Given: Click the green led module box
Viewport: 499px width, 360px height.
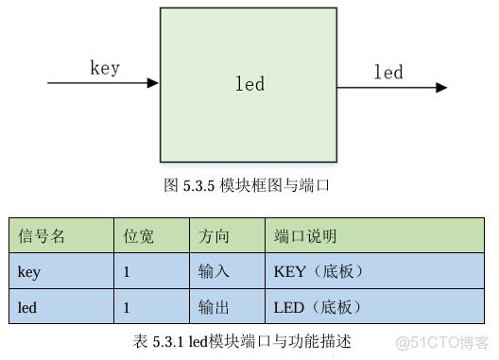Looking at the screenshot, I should pyautogui.click(x=249, y=84).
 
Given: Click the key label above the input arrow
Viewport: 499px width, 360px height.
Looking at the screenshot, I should pyautogui.click(x=104, y=68).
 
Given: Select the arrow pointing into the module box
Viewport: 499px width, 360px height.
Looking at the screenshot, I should pyautogui.click(x=103, y=83).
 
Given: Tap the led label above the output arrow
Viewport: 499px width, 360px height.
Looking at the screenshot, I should pyautogui.click(x=387, y=73).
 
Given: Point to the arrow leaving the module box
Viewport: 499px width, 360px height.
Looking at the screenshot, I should pyautogui.click(x=391, y=88).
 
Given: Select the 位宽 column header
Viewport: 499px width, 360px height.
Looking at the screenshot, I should pyautogui.click(x=138, y=236).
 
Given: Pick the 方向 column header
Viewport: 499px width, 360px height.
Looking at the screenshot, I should pyautogui.click(x=214, y=236).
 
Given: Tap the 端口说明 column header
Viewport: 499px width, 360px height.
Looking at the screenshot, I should pyautogui.click(x=305, y=236).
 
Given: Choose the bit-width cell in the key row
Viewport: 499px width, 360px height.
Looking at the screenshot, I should pyautogui.click(x=127, y=272).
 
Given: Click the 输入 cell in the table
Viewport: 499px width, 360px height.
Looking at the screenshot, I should pyautogui.click(x=214, y=272).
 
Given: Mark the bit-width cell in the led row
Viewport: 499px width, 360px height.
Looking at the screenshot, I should pyautogui.click(x=127, y=307).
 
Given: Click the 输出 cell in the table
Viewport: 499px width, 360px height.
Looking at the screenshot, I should pyautogui.click(x=214, y=307).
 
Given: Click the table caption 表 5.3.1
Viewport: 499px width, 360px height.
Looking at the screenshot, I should pyautogui.click(x=242, y=341).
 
